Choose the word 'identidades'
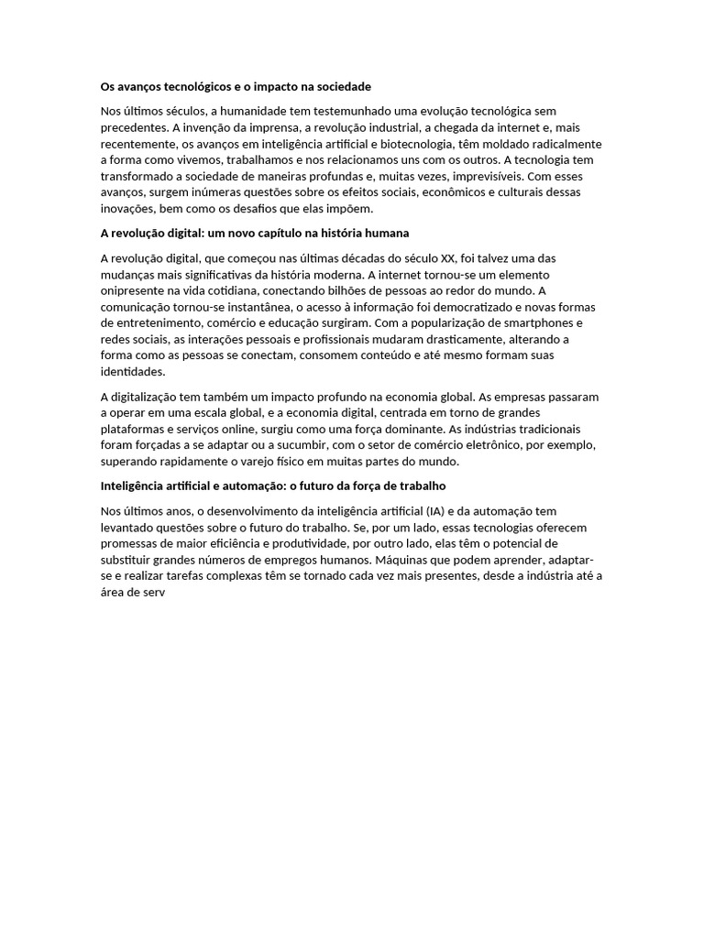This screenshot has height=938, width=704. point(133,372)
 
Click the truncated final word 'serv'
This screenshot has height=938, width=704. point(152,592)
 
